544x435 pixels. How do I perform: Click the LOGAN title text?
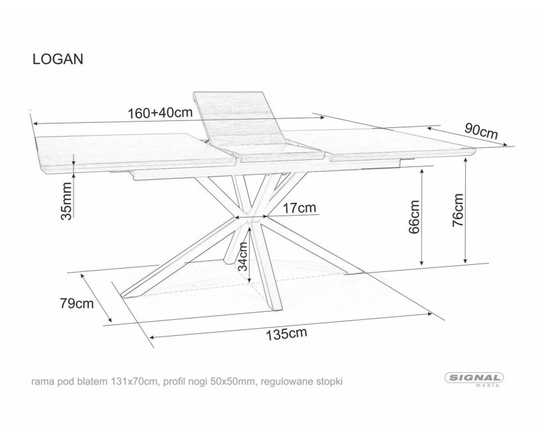58,59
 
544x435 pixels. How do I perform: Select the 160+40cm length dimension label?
160,113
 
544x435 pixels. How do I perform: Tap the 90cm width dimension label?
481,130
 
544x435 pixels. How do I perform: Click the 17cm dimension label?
300,208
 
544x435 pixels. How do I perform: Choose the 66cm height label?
415,217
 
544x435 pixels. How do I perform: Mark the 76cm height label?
458,210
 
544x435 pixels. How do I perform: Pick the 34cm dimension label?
242,256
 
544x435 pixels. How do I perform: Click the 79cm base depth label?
77,303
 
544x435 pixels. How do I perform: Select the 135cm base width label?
287,334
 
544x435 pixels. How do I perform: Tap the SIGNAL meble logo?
474,379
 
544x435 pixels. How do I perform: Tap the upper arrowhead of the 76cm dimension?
465,159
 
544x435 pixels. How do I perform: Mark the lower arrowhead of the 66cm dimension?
422,262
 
